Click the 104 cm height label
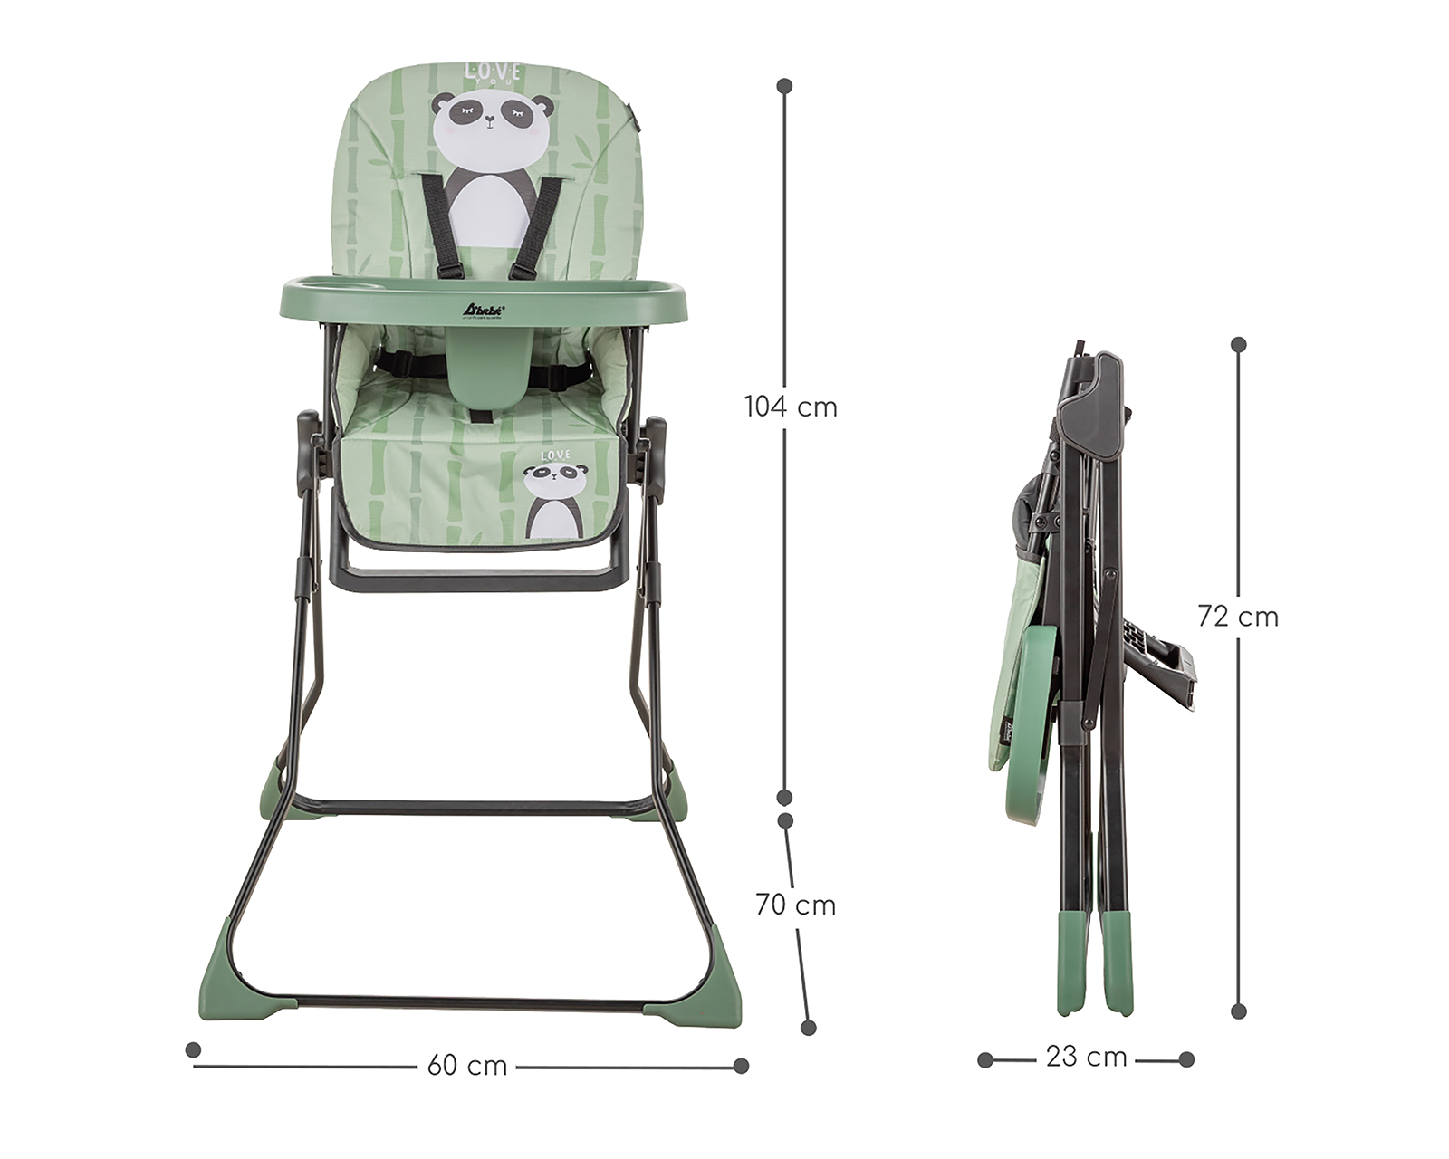click(791, 407)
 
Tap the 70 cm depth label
click(796, 905)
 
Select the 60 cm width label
click(467, 1066)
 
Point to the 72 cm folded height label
click(1238, 617)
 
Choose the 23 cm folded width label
click(1086, 1057)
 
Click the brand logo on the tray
click(484, 309)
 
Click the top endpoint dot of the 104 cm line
click(785, 86)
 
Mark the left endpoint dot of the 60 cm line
click(192, 1049)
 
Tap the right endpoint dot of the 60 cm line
click(742, 1066)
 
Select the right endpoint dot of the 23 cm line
click(1186, 1059)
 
